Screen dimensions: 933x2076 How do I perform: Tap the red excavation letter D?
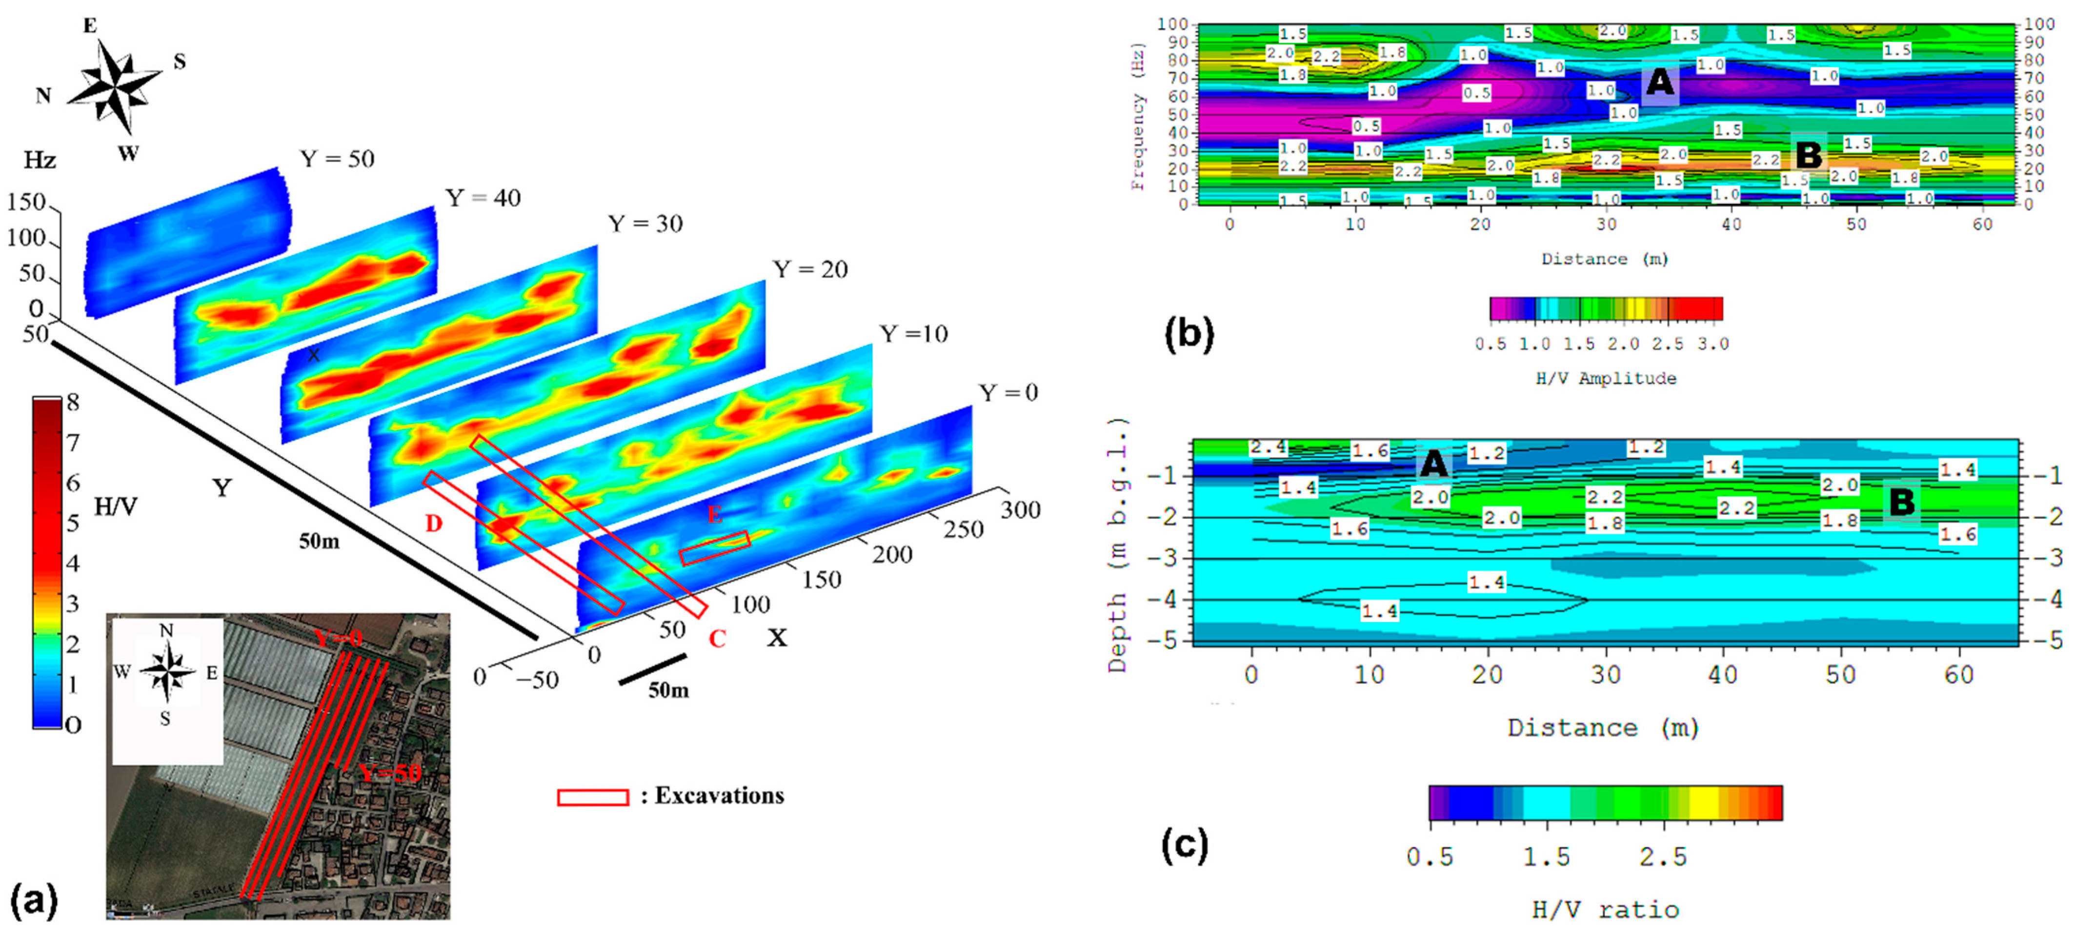434,524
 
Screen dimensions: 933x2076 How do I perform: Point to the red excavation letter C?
716,639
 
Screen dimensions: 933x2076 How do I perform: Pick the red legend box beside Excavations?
592,797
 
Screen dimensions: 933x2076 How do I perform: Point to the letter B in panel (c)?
1901,502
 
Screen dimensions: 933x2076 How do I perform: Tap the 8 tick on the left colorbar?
73,402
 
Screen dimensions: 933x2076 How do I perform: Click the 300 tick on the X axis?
1020,510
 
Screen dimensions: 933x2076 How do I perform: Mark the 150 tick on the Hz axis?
27,202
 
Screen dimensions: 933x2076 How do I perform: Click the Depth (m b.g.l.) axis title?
1117,546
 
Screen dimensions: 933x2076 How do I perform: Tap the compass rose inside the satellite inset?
167,671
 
